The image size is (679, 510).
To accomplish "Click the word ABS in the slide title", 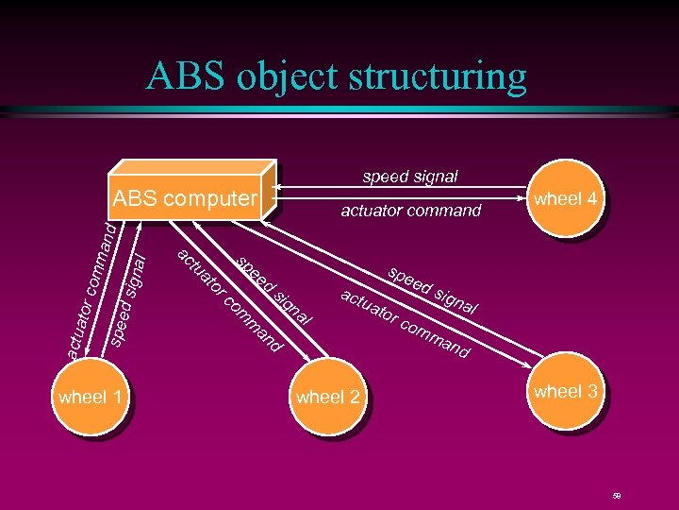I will [185, 76].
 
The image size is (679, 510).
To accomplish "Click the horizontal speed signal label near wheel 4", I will [410, 177].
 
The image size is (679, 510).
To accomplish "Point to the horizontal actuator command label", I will [410, 211].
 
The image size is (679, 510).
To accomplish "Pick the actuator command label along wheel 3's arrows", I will [405, 325].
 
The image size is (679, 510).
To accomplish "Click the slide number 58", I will [616, 495].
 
